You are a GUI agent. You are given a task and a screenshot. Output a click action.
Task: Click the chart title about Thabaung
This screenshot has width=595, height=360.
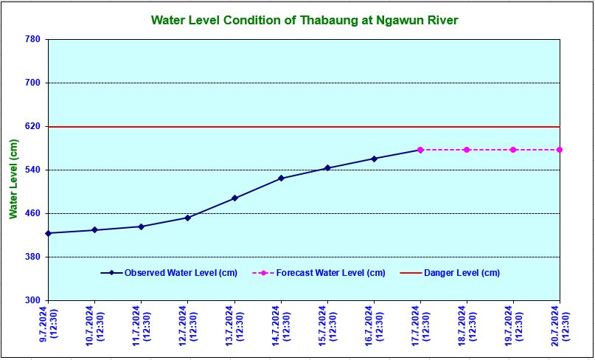click(305, 20)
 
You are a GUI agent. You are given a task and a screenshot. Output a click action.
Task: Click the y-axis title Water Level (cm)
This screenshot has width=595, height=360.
click(13, 179)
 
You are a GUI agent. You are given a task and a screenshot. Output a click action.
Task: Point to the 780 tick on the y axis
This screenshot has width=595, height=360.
click(32, 39)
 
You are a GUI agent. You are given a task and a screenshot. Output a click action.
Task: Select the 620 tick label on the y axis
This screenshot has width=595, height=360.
click(32, 127)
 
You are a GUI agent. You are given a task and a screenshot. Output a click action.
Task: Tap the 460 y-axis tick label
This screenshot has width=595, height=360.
click(32, 214)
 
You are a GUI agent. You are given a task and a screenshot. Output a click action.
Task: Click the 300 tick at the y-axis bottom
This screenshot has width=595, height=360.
click(32, 300)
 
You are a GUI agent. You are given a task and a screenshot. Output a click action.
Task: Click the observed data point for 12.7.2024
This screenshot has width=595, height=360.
click(187, 218)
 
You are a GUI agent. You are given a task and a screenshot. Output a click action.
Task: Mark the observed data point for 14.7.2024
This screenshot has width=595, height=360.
click(281, 179)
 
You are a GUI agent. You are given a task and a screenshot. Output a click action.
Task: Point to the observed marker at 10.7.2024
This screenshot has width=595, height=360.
click(94, 230)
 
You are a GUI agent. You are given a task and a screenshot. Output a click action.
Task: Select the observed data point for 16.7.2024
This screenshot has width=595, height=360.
click(374, 159)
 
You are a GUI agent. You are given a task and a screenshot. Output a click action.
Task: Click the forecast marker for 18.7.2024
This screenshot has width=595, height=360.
click(467, 150)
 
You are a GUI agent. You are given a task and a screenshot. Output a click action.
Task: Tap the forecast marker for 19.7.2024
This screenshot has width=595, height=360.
click(513, 150)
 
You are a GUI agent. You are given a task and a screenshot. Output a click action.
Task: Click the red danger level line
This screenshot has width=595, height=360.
click(221, 127)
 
